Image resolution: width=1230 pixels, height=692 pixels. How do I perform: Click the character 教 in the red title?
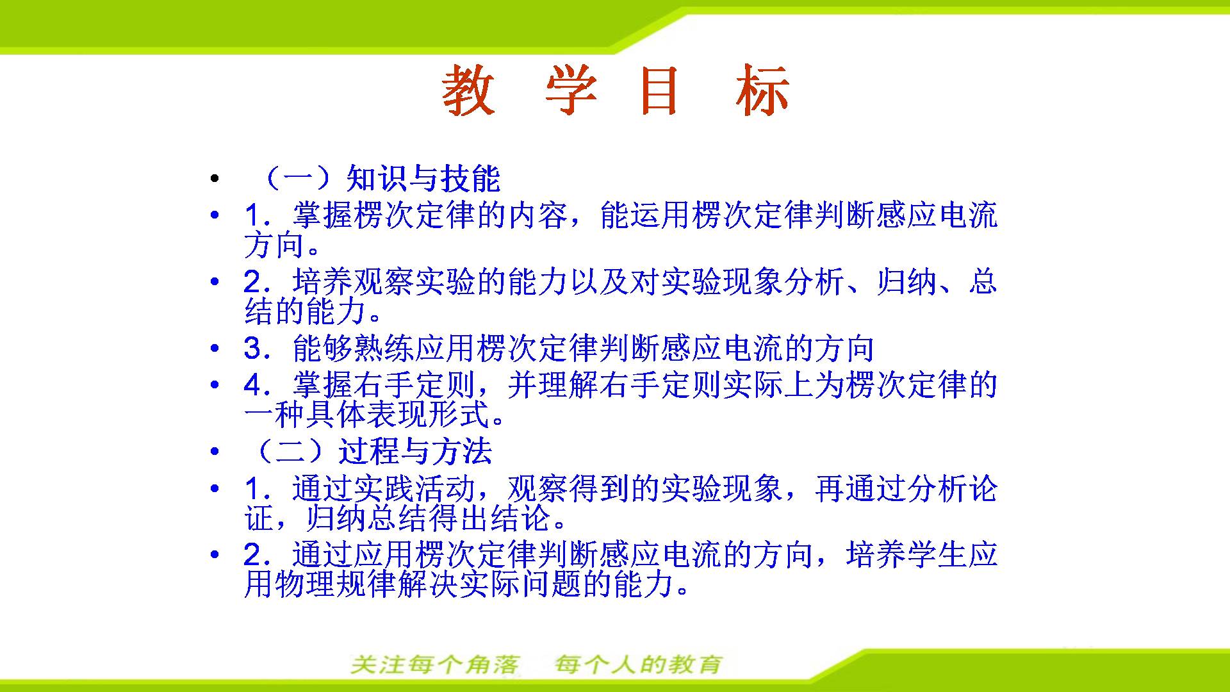coord(468,90)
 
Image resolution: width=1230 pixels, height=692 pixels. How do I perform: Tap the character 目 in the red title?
coord(659,90)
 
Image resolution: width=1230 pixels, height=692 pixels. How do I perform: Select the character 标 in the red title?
coord(762,90)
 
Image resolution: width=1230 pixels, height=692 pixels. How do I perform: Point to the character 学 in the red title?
coord(571,90)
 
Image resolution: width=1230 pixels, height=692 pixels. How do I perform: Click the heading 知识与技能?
coord(423,179)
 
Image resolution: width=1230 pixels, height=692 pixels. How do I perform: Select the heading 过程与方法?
coord(415,452)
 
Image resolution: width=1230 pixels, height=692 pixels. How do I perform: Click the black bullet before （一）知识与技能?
coord(215,179)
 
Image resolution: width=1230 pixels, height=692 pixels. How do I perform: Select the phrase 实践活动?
coord(415,489)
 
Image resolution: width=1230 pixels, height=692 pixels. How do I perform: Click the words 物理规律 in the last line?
coord(336,584)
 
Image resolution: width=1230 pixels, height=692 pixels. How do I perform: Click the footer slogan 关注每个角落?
coord(436,664)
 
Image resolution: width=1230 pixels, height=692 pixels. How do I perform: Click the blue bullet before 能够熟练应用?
coord(215,349)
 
